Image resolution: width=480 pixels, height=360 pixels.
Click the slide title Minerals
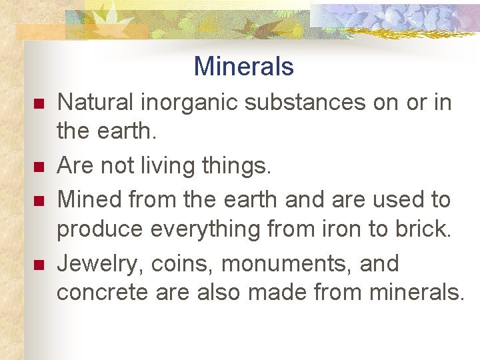(x=243, y=67)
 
